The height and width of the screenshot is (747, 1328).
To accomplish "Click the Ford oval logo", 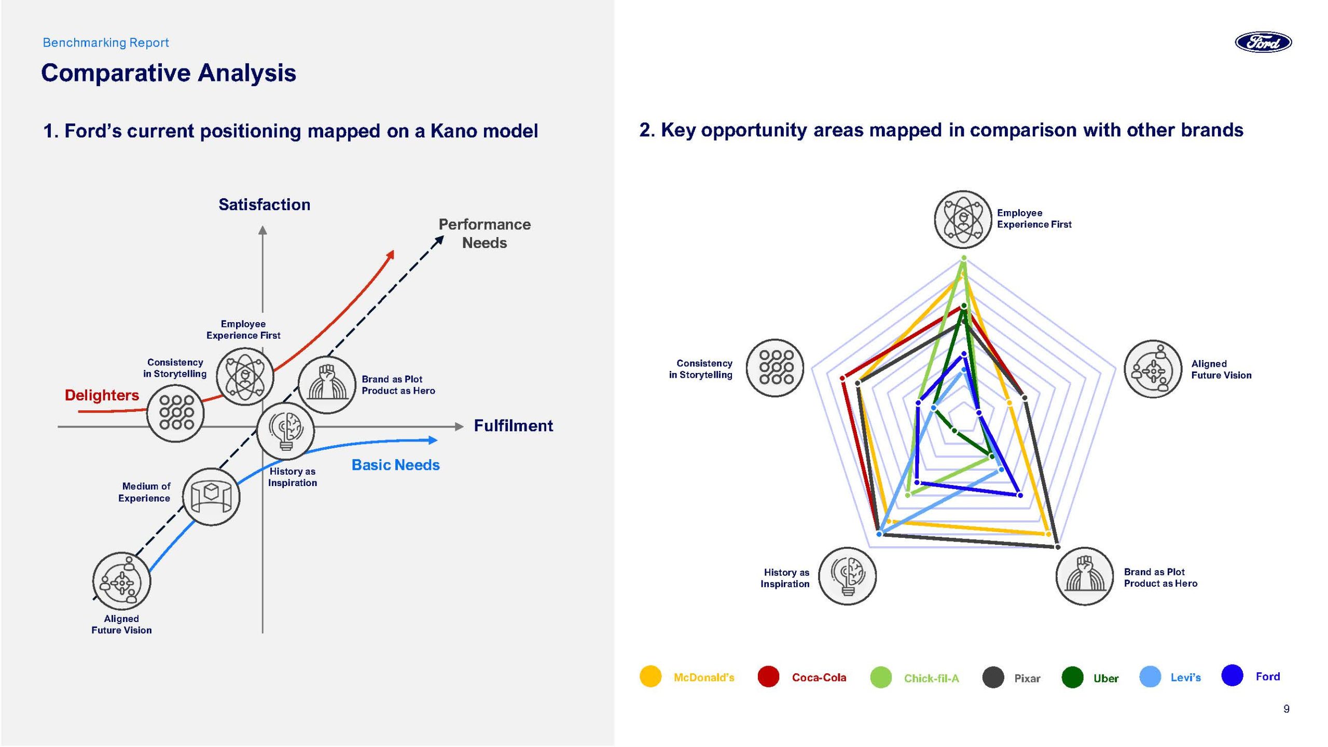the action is pos(1263,42).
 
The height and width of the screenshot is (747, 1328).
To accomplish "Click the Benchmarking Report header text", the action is pos(106,43).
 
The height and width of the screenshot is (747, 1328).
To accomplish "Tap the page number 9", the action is pos(1286,709).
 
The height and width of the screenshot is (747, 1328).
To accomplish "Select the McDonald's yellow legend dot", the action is pos(651,676).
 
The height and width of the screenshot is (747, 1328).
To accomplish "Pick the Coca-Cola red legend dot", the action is pos(768,676).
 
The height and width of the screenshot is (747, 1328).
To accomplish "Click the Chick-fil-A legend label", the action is pos(931,678).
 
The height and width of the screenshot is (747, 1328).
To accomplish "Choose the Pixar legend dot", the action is pos(993,677).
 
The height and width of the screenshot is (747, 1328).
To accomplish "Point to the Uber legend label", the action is pos(1105,678).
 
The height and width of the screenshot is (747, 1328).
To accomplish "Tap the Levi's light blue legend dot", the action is pos(1150,677).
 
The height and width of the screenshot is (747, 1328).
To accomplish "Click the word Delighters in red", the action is pos(102,395).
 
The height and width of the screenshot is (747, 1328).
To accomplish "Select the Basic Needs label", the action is pos(395,465).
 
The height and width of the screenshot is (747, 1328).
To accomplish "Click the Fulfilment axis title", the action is pos(513,426).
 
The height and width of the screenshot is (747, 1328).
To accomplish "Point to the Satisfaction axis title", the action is pos(264,204).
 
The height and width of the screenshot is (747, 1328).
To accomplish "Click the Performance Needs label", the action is pos(485,233).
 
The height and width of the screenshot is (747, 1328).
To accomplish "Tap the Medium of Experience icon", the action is pos(212,496).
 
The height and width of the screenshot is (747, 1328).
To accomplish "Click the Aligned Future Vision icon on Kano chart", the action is pos(122,581).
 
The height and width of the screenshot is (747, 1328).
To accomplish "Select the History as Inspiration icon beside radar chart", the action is pos(847,576).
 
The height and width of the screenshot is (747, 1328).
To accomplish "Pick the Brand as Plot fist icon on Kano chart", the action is pos(327,385).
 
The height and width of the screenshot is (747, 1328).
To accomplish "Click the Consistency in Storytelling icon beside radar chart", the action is pos(774,368).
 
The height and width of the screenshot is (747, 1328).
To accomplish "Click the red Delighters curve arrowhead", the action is pos(392,254).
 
